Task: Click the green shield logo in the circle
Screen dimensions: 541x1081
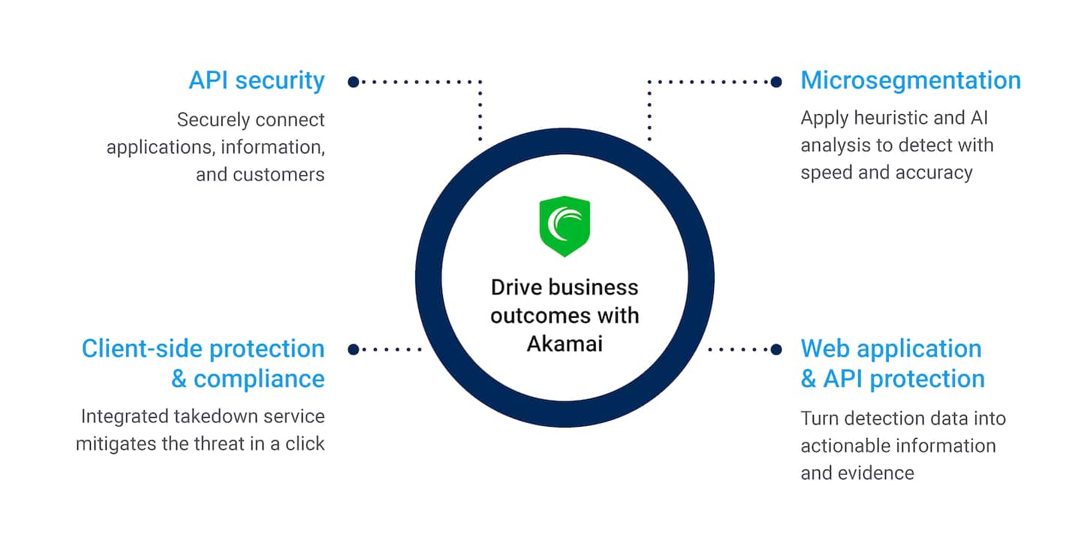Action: (x=565, y=226)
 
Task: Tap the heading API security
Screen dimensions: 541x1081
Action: (x=257, y=80)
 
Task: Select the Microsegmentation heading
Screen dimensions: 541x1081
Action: (x=911, y=80)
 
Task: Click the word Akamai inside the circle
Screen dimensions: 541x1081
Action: (x=565, y=343)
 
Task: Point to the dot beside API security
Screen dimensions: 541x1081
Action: (x=354, y=81)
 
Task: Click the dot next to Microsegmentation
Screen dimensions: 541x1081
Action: (x=776, y=81)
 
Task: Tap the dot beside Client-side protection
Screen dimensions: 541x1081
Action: (x=354, y=349)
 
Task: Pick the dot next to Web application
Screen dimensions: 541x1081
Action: (x=776, y=349)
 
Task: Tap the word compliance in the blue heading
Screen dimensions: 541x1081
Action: (x=259, y=378)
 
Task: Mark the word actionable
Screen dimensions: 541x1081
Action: (x=843, y=446)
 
